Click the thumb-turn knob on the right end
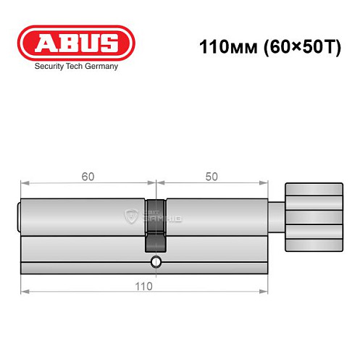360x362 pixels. [312, 215]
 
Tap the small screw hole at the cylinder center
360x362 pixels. [155, 261]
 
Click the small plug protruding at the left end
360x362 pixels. [19, 216]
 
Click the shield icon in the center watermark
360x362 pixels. [132, 215]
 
